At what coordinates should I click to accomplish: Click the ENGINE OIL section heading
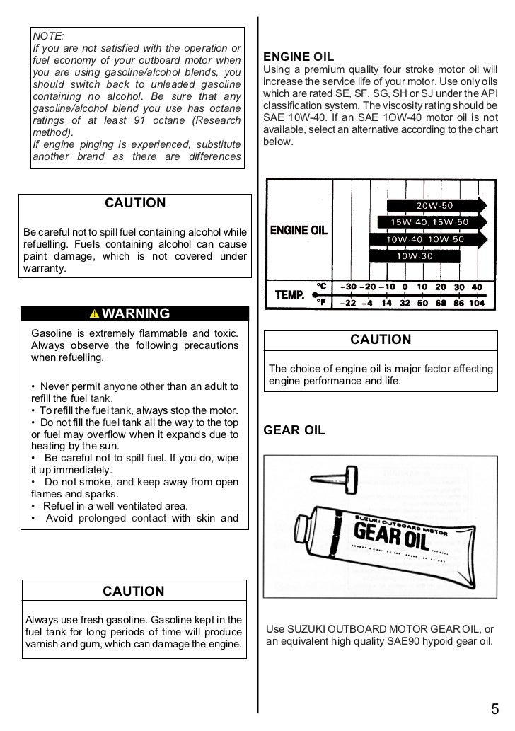point(299,57)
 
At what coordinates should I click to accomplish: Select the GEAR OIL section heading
point(294,430)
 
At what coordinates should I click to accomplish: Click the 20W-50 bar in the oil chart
point(435,205)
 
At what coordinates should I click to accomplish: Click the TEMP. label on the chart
point(289,294)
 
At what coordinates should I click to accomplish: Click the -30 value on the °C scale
point(348,287)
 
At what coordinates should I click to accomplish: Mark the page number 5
point(494,710)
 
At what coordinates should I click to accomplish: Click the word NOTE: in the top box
point(48,35)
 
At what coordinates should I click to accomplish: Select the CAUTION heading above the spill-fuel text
point(135,203)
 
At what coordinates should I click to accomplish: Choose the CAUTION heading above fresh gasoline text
point(133,591)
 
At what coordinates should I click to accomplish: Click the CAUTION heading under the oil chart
point(381,340)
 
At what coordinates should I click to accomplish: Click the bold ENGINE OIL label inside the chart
point(299,231)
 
